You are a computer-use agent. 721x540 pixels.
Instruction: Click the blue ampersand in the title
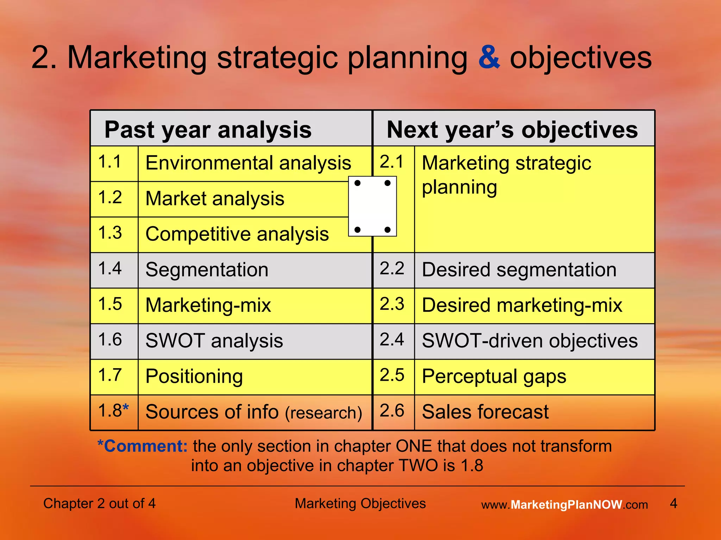(489, 58)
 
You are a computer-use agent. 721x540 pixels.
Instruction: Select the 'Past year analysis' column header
(208, 130)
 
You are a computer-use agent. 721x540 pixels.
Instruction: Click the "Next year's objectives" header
(512, 130)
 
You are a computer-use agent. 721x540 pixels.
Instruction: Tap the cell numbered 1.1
(110, 162)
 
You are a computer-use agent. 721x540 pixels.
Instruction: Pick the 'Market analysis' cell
(215, 199)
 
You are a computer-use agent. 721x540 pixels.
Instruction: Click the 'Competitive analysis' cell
(237, 234)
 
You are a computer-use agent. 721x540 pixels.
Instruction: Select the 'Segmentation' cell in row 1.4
(207, 270)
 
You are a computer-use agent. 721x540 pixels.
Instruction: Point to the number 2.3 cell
(392, 304)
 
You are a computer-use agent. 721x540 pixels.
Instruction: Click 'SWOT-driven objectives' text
(529, 341)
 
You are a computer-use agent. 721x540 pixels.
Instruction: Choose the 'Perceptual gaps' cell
(494, 377)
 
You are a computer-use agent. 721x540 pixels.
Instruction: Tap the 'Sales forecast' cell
(485, 412)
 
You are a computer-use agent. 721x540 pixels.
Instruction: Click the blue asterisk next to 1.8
(126, 407)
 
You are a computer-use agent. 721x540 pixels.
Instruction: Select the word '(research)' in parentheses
(324, 413)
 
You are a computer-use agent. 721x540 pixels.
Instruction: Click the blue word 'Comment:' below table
(146, 446)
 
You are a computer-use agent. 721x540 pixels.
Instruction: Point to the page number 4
(673, 503)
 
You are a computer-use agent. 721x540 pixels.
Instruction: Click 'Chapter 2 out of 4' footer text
(99, 503)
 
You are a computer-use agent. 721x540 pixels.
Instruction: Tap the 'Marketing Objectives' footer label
(360, 503)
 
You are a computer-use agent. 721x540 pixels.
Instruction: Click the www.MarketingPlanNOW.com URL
(564, 505)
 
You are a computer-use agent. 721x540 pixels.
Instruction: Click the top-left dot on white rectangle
(357, 183)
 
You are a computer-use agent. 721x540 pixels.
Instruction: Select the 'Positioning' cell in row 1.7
(194, 377)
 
